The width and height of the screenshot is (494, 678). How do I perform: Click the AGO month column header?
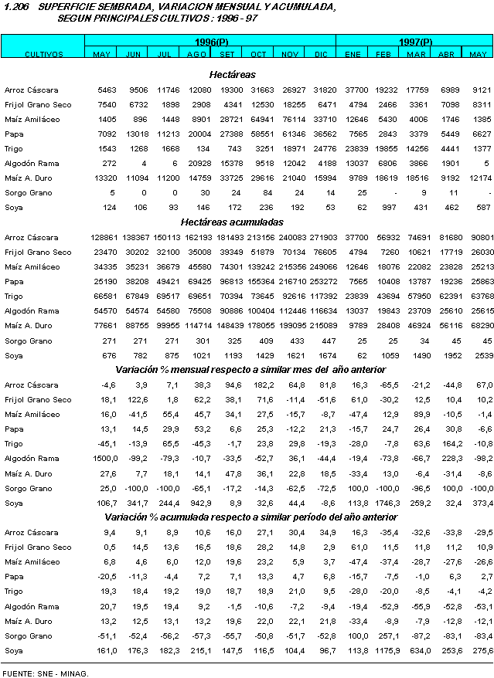[x=197, y=53]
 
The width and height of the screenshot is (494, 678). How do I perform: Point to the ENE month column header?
[x=353, y=53]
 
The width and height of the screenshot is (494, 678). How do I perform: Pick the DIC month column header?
[x=322, y=53]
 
